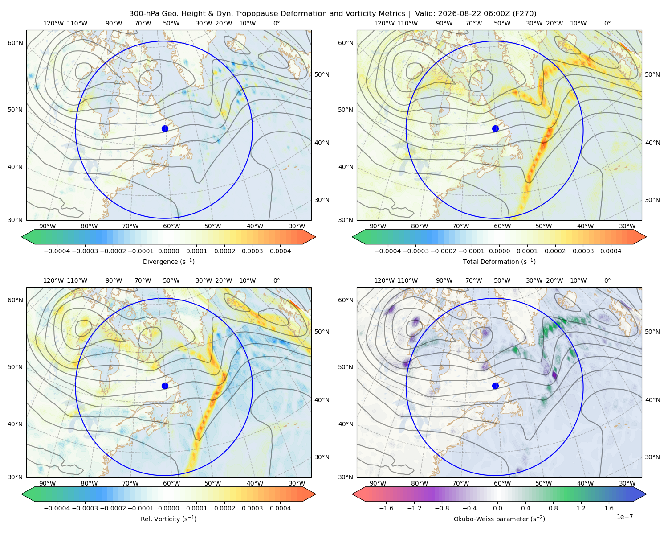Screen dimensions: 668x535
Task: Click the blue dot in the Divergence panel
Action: (165, 128)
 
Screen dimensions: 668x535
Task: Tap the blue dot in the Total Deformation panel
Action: (495, 128)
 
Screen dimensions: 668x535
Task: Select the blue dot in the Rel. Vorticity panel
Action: (165, 386)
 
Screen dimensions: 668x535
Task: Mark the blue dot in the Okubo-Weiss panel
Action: (495, 386)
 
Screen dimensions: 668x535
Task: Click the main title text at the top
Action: (333, 14)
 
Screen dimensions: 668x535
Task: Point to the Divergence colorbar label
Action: (168, 261)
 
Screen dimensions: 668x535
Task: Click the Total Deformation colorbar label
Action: (499, 261)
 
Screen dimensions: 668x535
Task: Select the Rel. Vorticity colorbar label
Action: (168, 519)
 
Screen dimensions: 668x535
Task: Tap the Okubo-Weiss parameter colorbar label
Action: (499, 519)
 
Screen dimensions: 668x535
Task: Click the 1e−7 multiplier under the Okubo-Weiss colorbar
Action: (624, 517)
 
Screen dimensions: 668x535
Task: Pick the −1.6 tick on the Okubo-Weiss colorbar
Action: (386, 508)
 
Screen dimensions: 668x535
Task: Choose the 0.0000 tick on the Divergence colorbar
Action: (168, 251)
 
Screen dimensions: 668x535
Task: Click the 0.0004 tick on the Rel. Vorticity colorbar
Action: (280, 508)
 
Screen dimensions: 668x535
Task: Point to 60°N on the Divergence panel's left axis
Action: (15, 43)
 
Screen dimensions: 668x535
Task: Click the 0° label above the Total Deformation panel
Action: (607, 23)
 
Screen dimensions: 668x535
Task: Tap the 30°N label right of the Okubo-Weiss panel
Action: (652, 457)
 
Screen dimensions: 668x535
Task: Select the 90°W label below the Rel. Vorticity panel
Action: (48, 483)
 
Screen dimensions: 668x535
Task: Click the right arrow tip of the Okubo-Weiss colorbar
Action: (646, 494)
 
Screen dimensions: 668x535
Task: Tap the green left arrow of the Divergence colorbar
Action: (28, 237)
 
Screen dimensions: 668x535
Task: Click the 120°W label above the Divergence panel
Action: (53, 23)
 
